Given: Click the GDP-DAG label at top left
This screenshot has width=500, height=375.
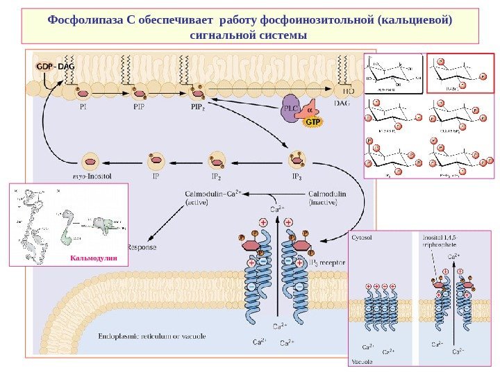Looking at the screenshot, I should (x=54, y=66).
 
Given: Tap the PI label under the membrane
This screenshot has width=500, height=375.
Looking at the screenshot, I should (x=83, y=108).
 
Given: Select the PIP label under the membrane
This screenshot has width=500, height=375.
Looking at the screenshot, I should (x=139, y=108).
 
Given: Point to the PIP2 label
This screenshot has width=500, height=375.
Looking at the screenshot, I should (x=197, y=108).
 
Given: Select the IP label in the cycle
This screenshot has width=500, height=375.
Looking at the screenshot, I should (x=157, y=176).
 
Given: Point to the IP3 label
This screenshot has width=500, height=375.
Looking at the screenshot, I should (x=297, y=176).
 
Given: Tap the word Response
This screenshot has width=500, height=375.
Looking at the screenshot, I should (x=142, y=247).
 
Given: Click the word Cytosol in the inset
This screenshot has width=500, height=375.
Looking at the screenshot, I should (x=362, y=237).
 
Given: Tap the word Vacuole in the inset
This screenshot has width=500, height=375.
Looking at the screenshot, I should (x=362, y=361).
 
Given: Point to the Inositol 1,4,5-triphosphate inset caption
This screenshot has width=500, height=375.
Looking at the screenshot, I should (x=442, y=241).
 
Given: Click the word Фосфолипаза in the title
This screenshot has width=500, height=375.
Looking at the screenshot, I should (x=86, y=19).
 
